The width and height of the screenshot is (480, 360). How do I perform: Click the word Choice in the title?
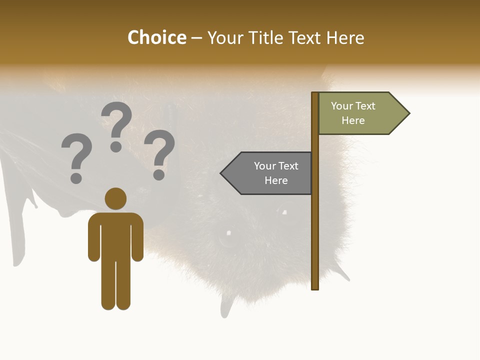click(x=156, y=38)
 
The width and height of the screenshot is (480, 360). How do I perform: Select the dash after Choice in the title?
click(x=196, y=38)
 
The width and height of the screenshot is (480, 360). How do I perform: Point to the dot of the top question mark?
click(x=116, y=146)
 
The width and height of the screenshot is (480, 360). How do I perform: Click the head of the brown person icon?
click(x=115, y=198)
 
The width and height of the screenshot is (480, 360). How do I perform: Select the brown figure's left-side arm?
click(x=93, y=237)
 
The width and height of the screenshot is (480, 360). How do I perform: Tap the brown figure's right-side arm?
click(x=137, y=237)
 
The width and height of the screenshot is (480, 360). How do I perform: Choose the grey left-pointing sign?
click(x=270, y=173)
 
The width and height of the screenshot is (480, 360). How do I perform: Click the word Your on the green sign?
click(x=342, y=106)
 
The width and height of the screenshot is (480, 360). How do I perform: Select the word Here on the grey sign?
click(x=276, y=180)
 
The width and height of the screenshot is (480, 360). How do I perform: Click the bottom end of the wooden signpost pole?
click(x=315, y=287)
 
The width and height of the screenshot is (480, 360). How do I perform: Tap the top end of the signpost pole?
click(x=315, y=94)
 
